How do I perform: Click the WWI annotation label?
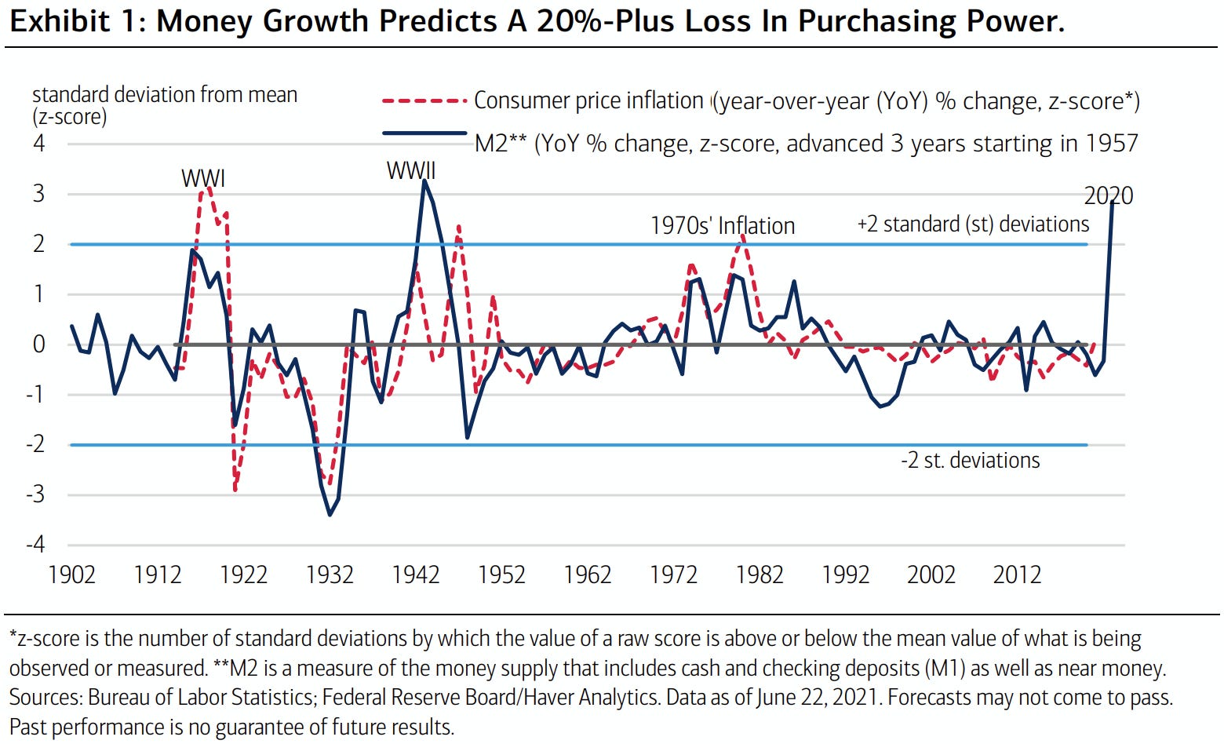click(203, 178)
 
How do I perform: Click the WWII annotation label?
click(411, 170)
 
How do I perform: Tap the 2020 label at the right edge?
click(1109, 195)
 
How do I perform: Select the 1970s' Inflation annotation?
click(723, 226)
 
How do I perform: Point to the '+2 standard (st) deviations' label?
click(973, 224)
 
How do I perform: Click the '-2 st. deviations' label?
click(971, 460)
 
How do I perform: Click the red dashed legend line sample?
click(424, 101)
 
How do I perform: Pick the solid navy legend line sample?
click(424, 133)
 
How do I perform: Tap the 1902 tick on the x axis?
click(72, 574)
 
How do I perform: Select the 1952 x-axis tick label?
click(501, 574)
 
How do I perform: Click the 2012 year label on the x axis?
click(1017, 574)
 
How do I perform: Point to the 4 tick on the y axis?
click(39, 144)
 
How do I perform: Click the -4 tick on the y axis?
click(35, 545)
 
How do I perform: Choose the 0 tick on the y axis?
click(39, 345)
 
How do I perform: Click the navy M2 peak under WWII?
click(424, 181)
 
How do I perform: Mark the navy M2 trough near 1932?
click(330, 514)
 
